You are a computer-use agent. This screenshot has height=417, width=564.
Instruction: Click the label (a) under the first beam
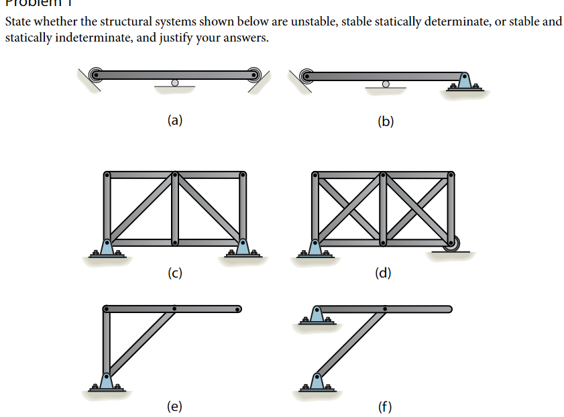(174, 121)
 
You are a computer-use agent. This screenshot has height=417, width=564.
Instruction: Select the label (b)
(386, 121)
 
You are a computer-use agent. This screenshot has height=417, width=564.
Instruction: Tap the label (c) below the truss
(174, 273)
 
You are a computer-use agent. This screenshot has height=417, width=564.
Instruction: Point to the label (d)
(383, 273)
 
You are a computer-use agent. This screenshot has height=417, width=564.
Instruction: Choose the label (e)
(174, 406)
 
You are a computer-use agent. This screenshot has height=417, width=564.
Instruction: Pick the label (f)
(385, 406)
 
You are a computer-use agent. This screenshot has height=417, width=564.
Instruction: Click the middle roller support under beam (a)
(174, 83)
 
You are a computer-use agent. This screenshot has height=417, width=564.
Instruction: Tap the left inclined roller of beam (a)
(96, 73)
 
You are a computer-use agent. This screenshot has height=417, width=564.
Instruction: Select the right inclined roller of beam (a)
(253, 73)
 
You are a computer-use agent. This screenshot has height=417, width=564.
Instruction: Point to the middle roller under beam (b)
(385, 84)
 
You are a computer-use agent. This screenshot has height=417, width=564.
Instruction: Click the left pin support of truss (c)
(107, 247)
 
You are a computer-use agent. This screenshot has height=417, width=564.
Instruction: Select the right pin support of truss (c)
(242, 247)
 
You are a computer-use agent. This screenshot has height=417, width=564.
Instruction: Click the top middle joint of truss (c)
(174, 175)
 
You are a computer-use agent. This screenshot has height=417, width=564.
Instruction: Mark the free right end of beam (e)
(237, 309)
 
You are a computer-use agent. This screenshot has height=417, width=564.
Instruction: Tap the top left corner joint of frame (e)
(107, 309)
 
